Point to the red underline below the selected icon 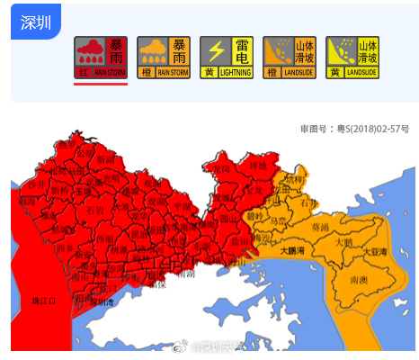(x=101, y=84)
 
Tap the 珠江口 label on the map (x=42, y=300)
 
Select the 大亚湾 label (x=378, y=253)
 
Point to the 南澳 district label (x=357, y=280)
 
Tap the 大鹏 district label (x=343, y=242)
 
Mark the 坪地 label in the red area (x=259, y=166)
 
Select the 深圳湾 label (x=101, y=302)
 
